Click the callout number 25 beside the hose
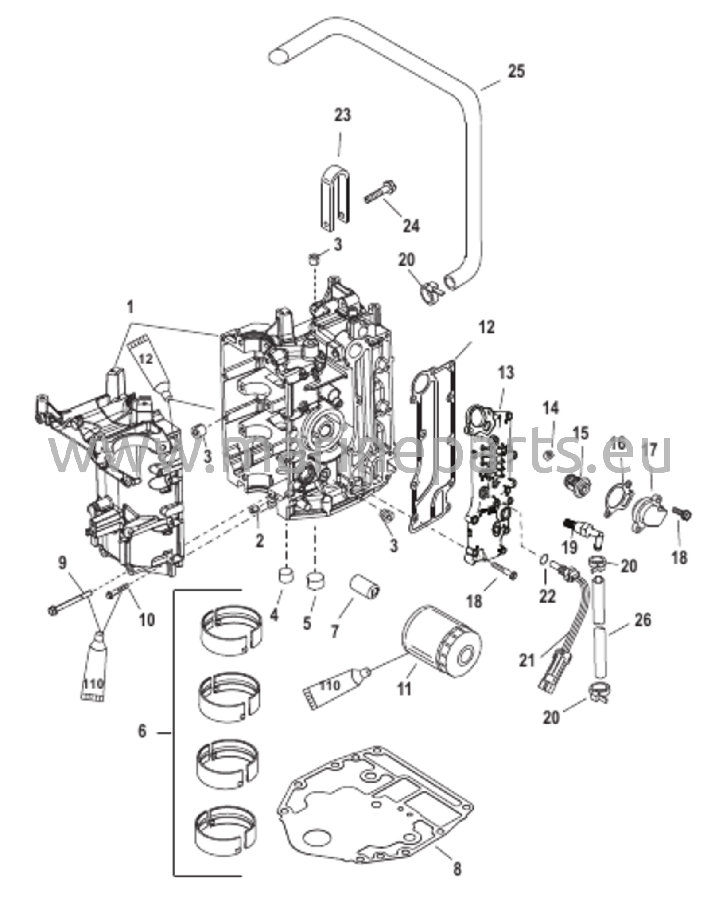point(516,71)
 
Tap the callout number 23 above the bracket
point(342,115)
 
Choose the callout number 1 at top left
point(130,306)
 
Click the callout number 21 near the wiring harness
point(527,673)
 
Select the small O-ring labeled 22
point(543,560)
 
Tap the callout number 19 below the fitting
point(570,547)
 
